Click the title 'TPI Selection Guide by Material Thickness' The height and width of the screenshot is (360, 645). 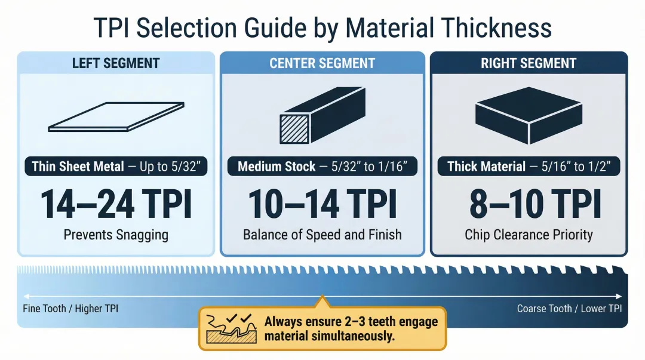pos(322,28)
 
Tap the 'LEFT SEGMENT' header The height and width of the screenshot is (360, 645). pos(116,63)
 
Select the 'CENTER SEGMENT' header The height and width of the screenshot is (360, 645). pos(322,63)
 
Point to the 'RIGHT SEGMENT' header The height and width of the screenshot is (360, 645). pos(529,63)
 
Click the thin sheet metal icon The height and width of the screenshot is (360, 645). pos(116,117)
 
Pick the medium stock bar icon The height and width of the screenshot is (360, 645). pos(322,115)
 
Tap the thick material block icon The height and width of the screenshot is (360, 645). pos(529,115)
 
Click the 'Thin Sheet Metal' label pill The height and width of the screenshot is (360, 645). pos(116,166)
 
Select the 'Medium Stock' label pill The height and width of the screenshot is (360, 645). pos(322,166)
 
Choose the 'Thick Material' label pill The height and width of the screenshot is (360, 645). pos(529,166)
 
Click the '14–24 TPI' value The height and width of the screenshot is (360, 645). pos(116,204)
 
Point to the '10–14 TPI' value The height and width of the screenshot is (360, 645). pos(322,204)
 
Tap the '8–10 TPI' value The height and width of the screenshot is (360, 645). pos(535,204)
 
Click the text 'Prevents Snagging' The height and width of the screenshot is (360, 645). pos(116,235)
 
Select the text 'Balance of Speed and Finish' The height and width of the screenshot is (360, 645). pos(322,235)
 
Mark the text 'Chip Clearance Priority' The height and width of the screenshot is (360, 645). pos(529,235)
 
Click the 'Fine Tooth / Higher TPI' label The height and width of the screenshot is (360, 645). pos(70,309)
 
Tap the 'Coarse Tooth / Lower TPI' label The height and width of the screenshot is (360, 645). pos(569,309)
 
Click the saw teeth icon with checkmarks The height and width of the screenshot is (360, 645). pos(231,328)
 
